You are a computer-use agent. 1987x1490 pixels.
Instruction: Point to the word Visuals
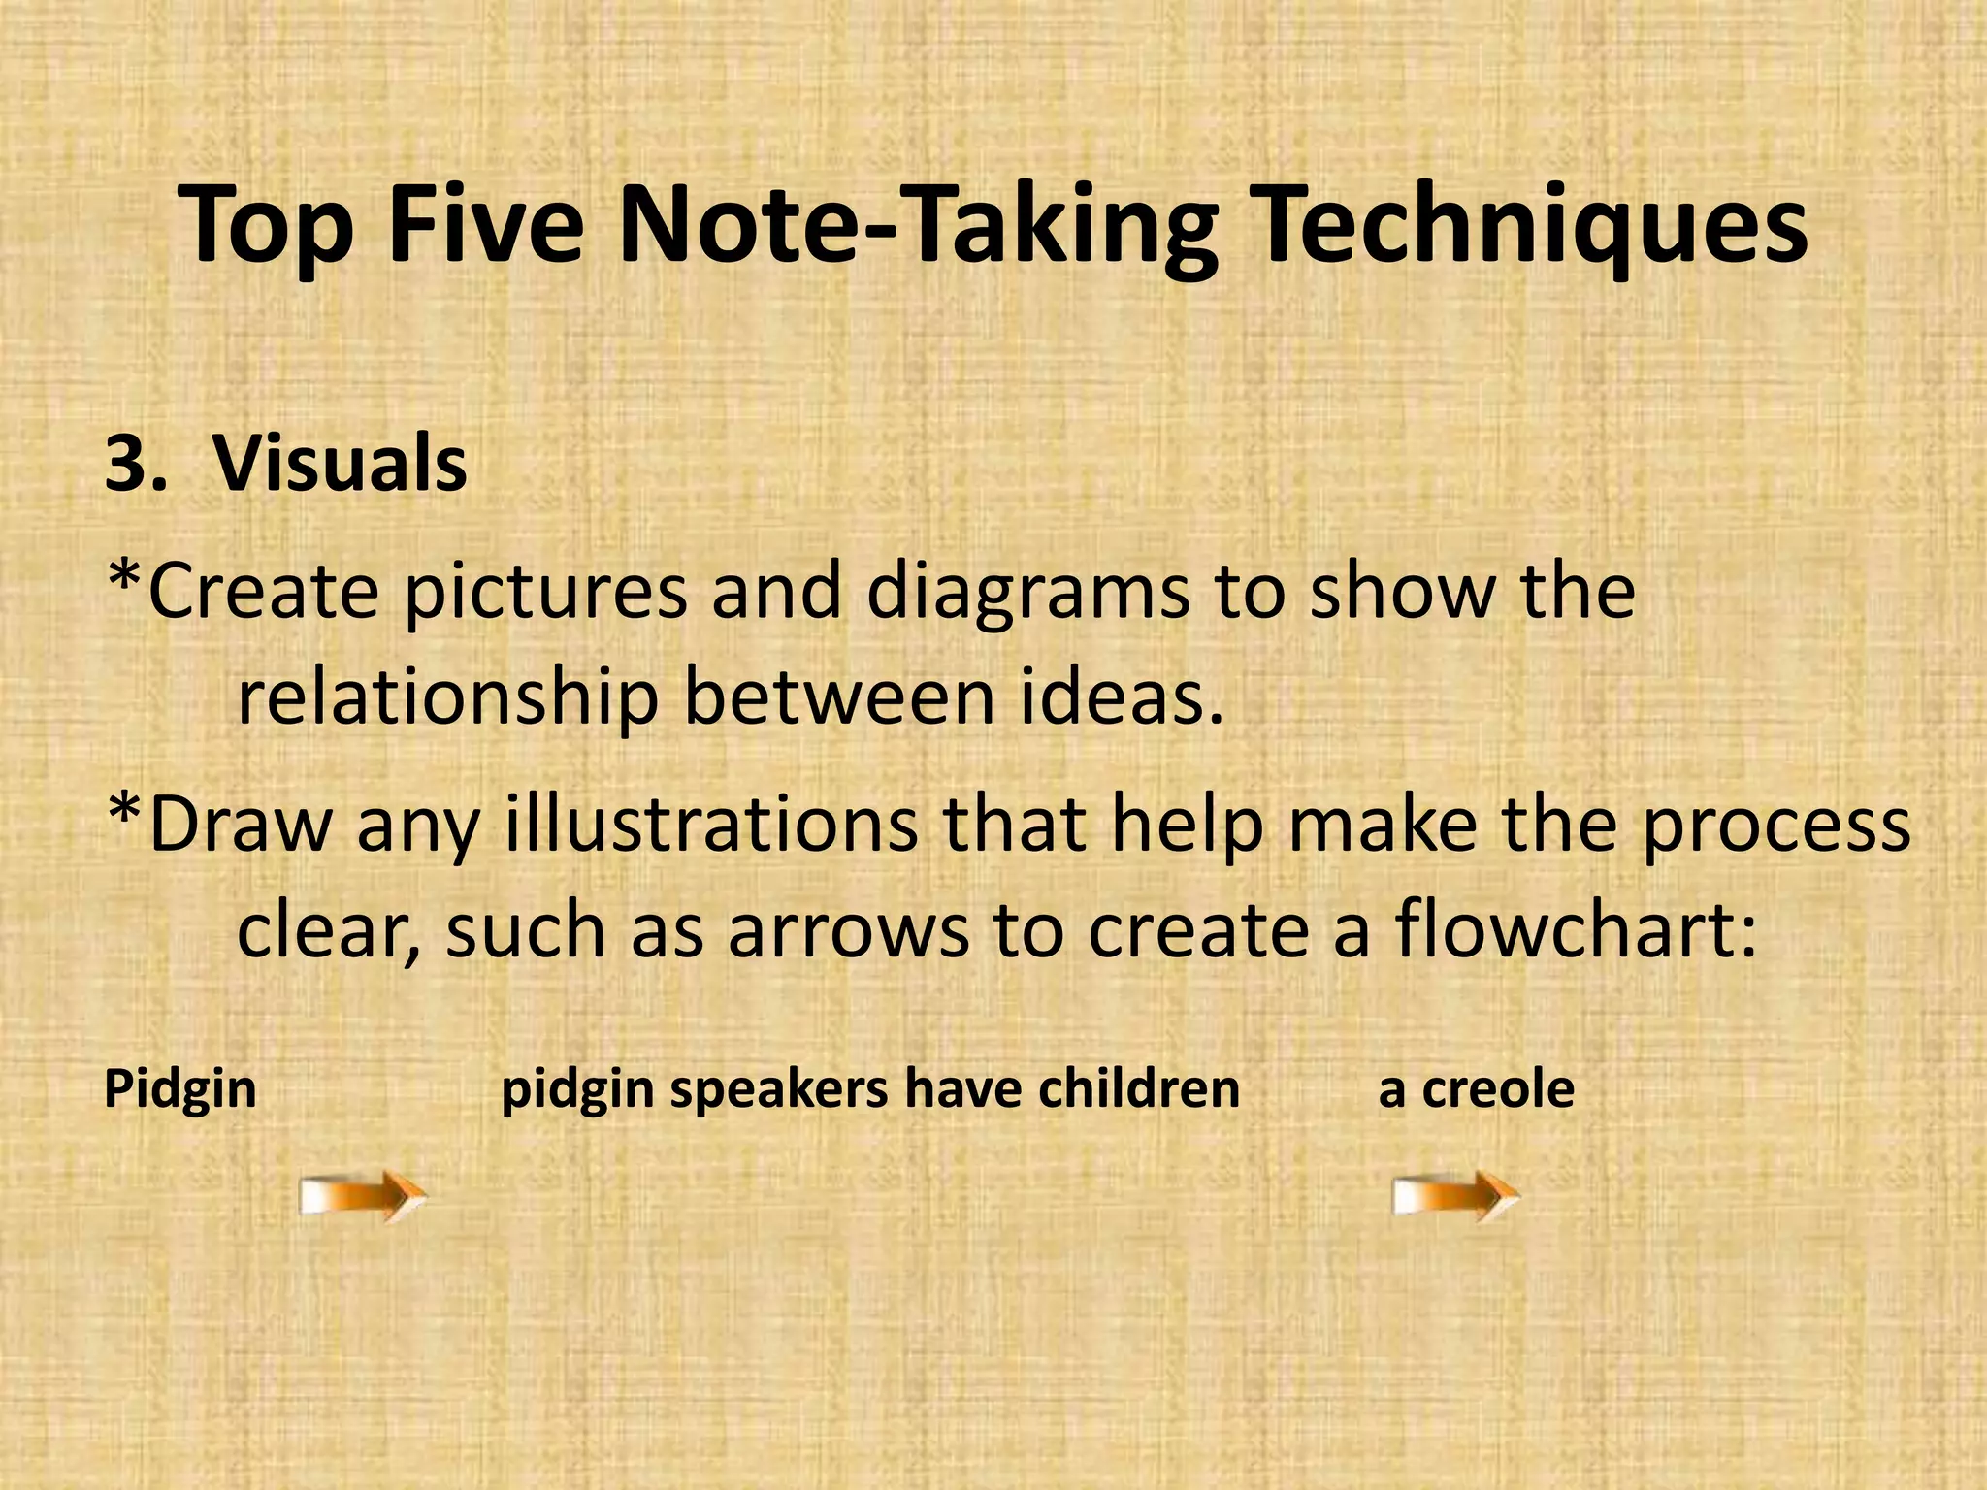pyautogui.click(x=340, y=464)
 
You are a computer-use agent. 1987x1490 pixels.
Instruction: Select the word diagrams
pyautogui.click(x=1026, y=595)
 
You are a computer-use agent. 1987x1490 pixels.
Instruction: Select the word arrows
pyautogui.click(x=847, y=931)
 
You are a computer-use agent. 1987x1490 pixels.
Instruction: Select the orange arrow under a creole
pyautogui.click(x=1455, y=1195)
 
